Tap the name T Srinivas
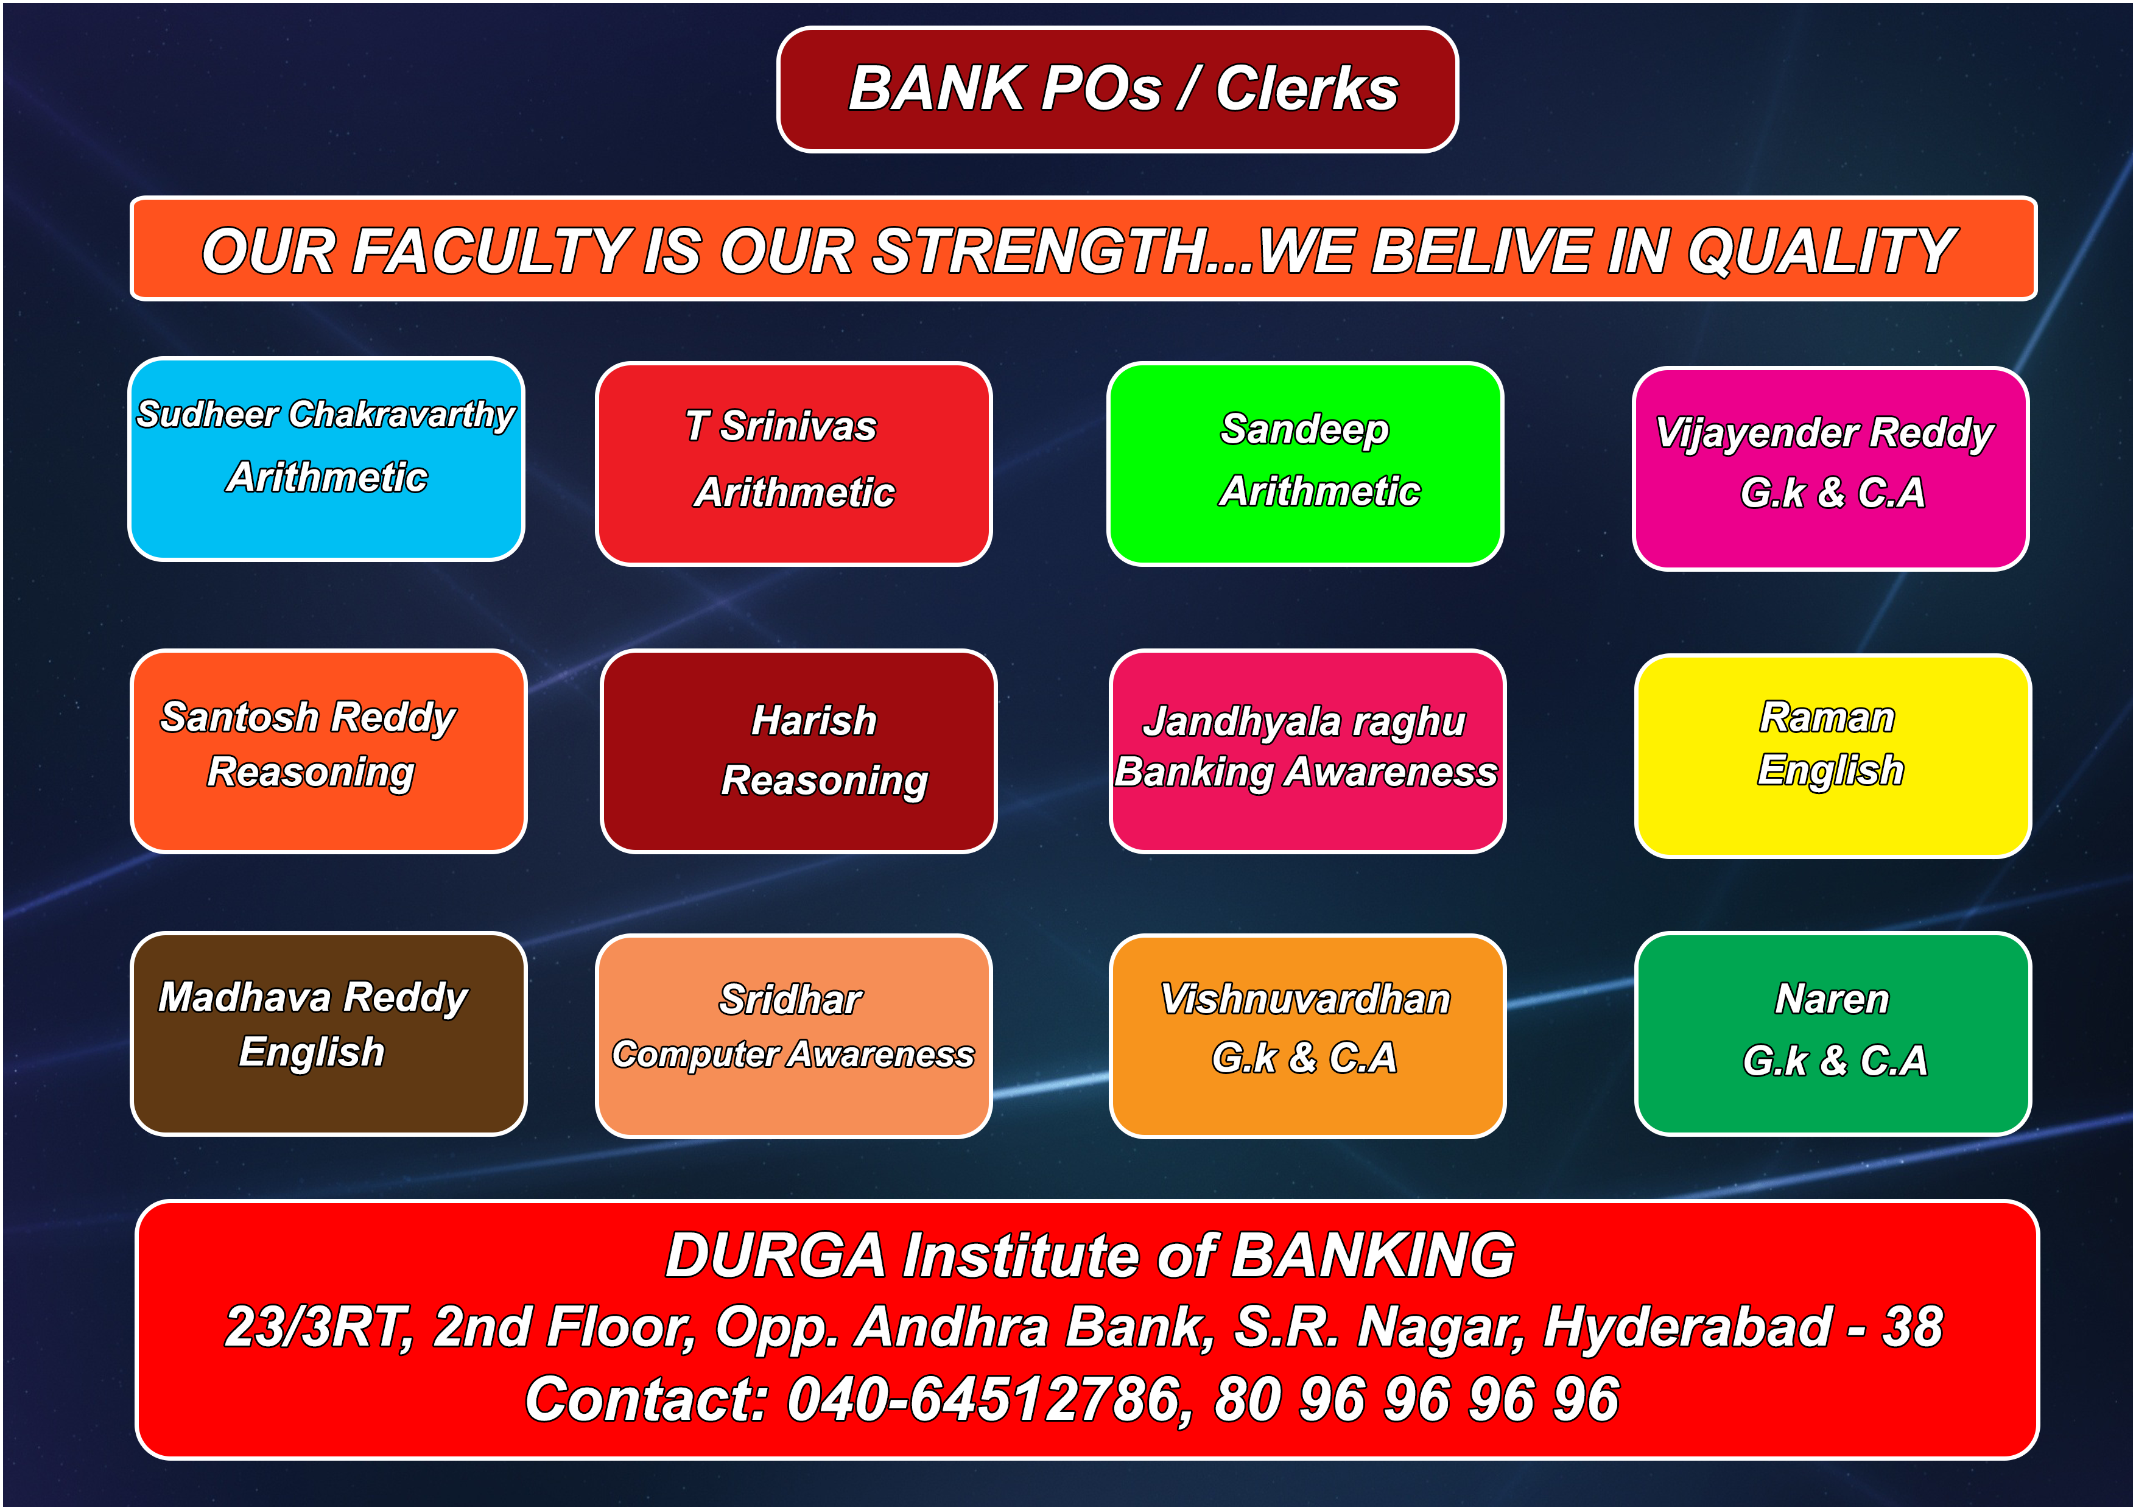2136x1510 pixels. coord(781,426)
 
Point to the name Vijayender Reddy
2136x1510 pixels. coord(1825,434)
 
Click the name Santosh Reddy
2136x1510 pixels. coord(308,717)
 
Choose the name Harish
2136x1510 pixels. coord(814,720)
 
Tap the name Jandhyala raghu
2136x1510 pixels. coord(1304,722)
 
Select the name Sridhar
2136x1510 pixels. coord(791,1000)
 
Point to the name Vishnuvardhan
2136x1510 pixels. coord(1305,999)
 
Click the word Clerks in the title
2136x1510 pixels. coord(1307,90)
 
